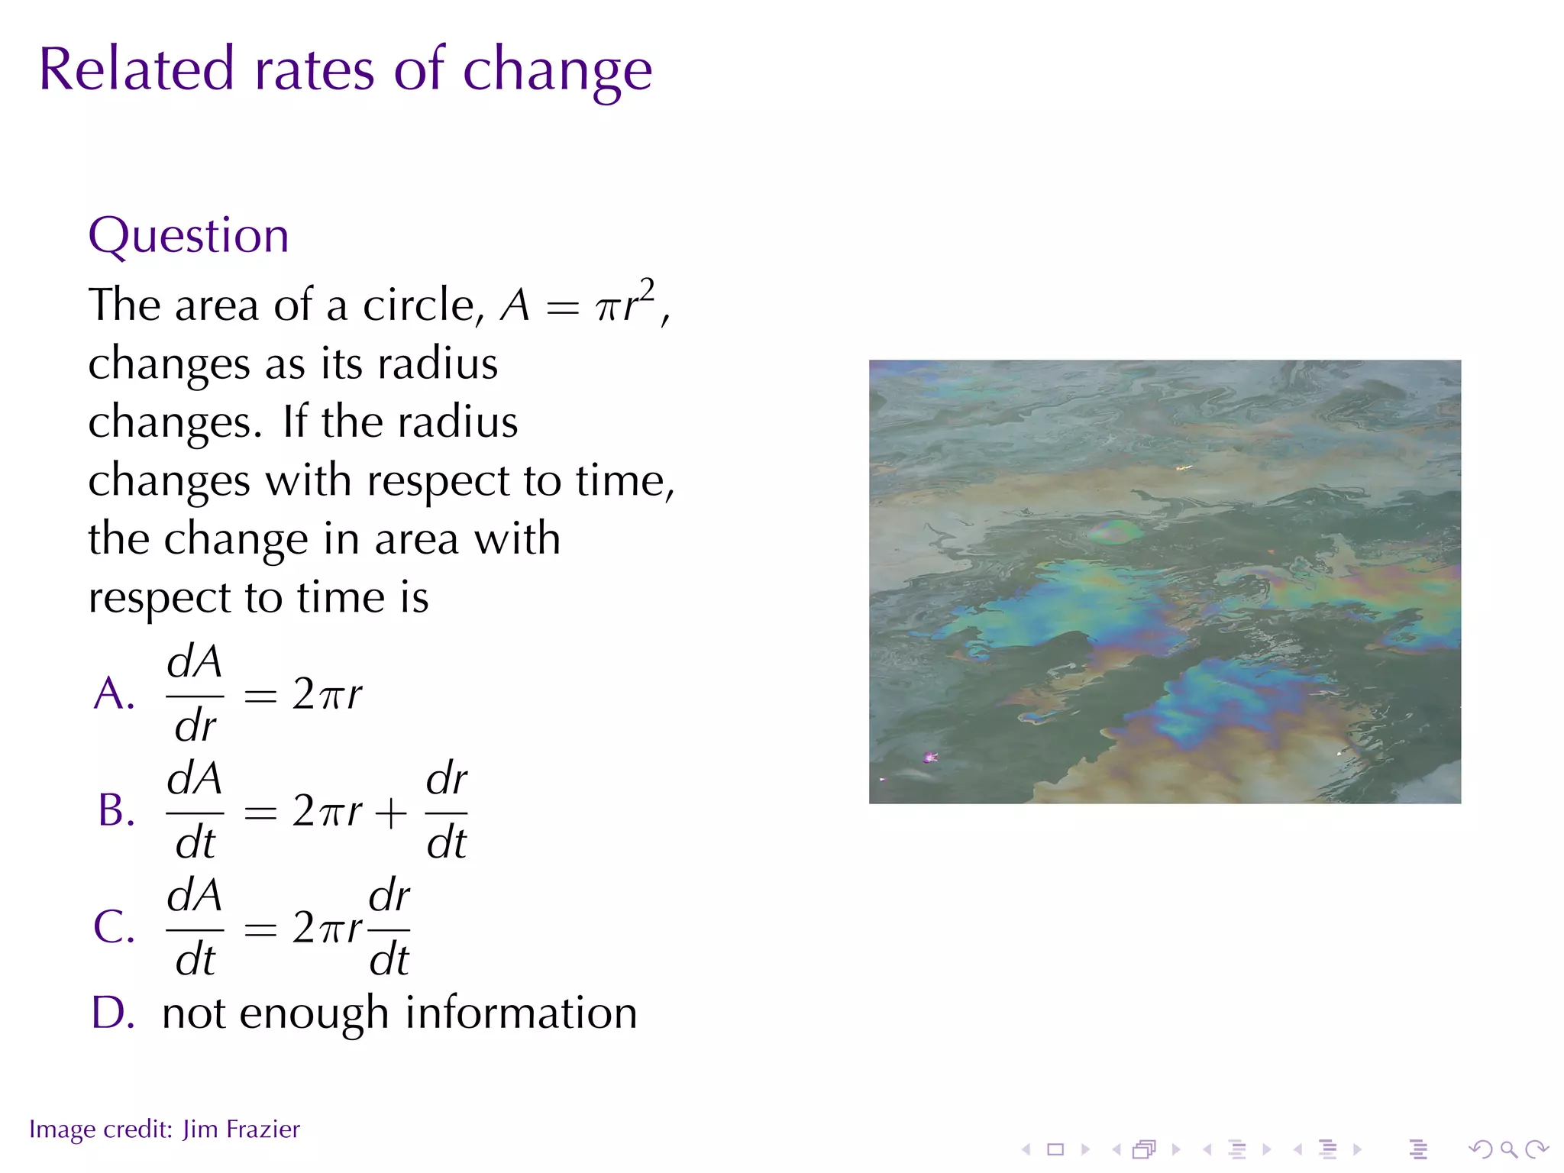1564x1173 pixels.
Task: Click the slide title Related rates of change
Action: (x=345, y=70)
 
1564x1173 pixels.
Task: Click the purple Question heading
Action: (x=189, y=235)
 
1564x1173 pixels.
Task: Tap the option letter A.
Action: (x=114, y=694)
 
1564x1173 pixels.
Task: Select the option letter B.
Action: (x=116, y=810)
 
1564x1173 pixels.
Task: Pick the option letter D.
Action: (x=113, y=1013)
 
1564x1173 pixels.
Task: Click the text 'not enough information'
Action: (x=399, y=1013)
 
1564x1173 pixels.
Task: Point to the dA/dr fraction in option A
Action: (x=195, y=693)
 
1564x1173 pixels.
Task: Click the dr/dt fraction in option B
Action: (x=446, y=811)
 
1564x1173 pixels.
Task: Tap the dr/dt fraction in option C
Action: (x=389, y=928)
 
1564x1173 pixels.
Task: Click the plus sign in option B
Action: (x=391, y=813)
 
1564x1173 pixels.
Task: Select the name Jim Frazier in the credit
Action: (x=241, y=1129)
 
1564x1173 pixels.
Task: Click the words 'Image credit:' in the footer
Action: (x=101, y=1129)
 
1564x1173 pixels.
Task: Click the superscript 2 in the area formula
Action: (x=647, y=290)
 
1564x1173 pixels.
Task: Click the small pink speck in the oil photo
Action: (x=929, y=757)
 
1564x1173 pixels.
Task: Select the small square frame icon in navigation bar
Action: (x=1055, y=1149)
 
